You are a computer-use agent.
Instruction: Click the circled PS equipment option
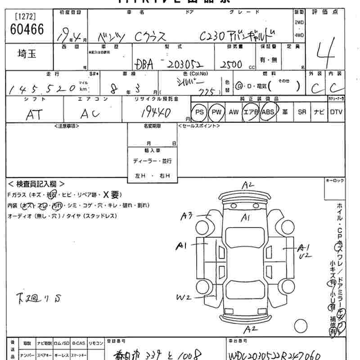click(200, 111)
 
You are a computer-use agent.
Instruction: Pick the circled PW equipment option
click(217, 111)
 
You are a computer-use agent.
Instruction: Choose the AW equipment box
click(233, 111)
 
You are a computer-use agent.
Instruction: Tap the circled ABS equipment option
click(268, 111)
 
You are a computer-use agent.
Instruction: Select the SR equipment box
click(302, 111)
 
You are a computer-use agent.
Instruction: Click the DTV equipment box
click(336, 111)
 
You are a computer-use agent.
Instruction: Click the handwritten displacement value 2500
click(232, 64)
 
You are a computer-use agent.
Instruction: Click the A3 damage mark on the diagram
click(186, 216)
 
